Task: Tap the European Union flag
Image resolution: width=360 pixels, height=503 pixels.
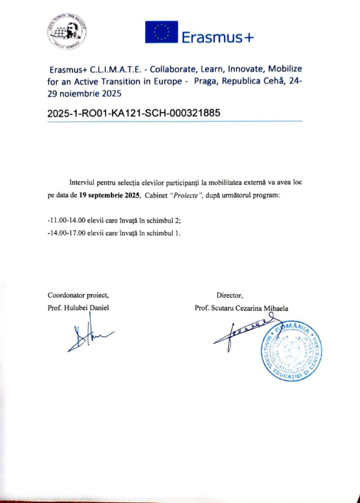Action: tap(161, 32)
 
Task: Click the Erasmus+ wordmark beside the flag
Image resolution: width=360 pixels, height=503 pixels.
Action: tap(218, 37)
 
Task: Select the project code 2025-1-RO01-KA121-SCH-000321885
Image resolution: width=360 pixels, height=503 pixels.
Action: tap(134, 112)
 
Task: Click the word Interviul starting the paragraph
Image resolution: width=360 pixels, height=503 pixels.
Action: tap(84, 183)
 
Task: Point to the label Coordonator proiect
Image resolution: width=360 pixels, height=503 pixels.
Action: tap(78, 295)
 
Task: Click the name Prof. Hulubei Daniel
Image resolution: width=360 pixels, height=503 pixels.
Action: tap(78, 308)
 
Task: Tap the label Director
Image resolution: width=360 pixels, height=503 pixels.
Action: tap(229, 295)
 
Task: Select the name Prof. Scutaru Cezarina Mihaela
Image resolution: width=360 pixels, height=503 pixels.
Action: tap(241, 308)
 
